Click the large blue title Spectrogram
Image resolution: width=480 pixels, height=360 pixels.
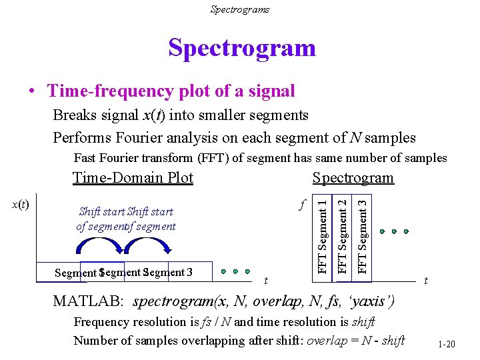coord(241,48)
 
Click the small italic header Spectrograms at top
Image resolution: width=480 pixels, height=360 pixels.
coord(240,9)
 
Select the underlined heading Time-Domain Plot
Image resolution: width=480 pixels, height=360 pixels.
coord(133,178)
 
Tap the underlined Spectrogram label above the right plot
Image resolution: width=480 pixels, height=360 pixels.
coord(353,178)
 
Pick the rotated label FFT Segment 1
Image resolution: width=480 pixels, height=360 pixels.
coord(323,232)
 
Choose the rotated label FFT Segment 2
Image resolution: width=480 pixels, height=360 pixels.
coord(343,232)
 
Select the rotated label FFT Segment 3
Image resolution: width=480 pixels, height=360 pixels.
coord(363,232)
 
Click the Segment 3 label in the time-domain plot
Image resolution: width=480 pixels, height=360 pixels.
coord(171,272)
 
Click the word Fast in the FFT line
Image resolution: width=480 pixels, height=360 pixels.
coord(86,158)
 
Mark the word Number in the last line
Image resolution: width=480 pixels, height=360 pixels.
coord(95,341)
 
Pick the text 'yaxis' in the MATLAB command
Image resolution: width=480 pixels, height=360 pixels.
coord(369,301)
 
